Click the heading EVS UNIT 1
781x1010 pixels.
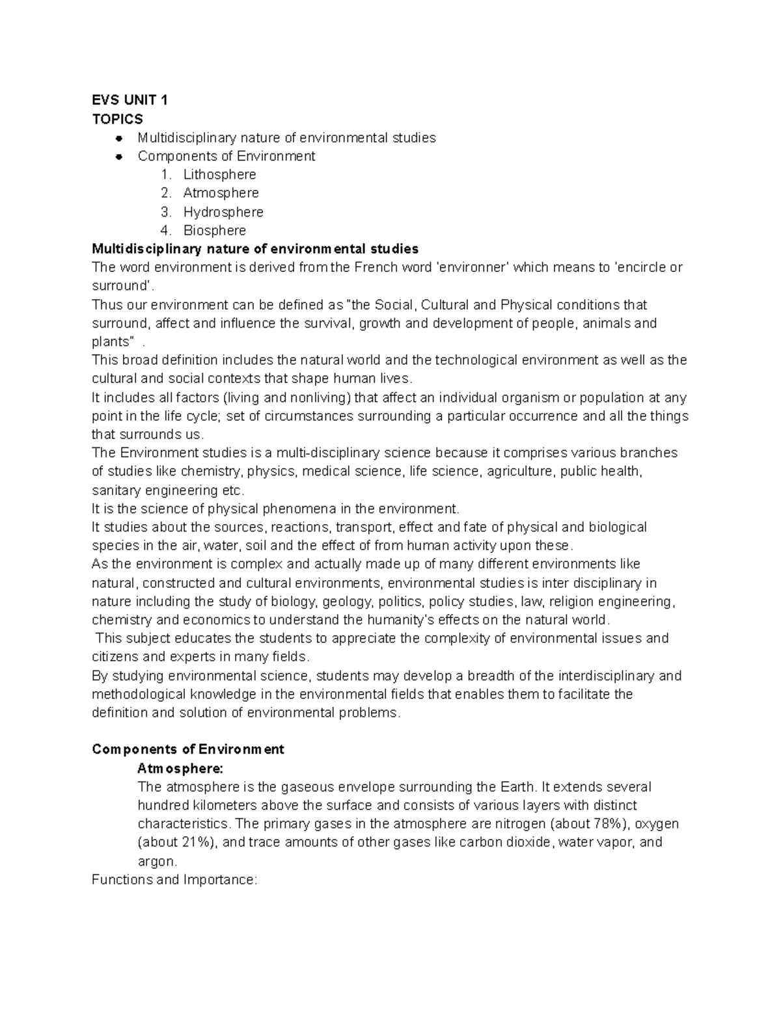tap(130, 100)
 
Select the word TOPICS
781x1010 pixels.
tap(117, 119)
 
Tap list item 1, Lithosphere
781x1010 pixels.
tap(219, 174)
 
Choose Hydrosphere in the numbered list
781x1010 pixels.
tap(223, 212)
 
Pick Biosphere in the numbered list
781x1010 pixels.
tap(214, 230)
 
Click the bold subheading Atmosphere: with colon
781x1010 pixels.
tap(180, 768)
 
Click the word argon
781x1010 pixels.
tap(156, 862)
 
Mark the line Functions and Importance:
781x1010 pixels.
tap(174, 880)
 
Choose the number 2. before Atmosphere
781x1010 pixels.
tap(166, 193)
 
